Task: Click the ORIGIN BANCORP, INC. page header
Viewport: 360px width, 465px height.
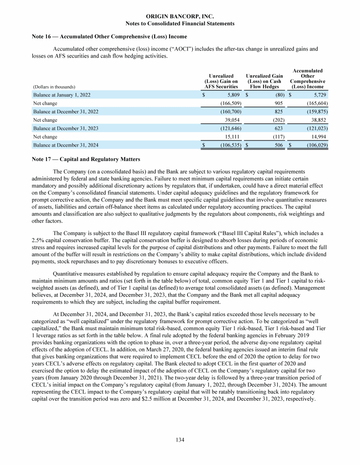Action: tap(180, 16)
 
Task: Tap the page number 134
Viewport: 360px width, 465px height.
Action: tap(180, 440)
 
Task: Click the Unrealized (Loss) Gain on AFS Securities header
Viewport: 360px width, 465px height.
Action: tap(221, 81)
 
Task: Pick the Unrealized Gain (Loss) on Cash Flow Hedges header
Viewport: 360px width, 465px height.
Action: tap(264, 81)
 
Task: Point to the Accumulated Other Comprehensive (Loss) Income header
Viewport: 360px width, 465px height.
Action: tap(307, 78)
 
